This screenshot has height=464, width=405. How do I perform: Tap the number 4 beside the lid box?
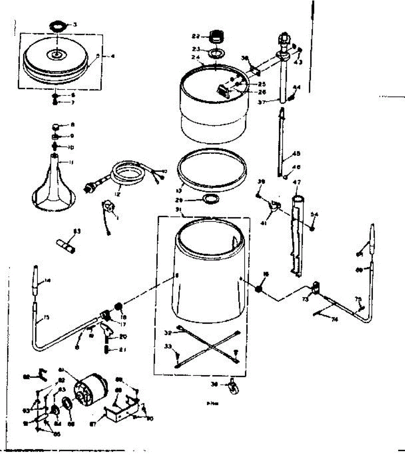112,56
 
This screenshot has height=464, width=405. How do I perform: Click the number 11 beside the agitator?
71,162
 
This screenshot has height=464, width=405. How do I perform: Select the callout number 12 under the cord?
117,194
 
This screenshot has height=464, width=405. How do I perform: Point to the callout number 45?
296,154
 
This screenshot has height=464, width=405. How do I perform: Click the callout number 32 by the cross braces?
167,332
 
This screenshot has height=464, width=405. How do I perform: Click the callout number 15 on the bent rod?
46,317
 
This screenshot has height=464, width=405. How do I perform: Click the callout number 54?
315,215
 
